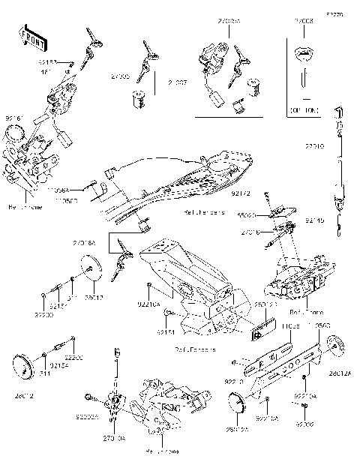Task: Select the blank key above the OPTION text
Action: [304, 56]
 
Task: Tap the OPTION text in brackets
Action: [304, 109]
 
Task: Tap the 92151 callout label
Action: [166, 332]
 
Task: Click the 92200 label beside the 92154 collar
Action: [73, 358]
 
